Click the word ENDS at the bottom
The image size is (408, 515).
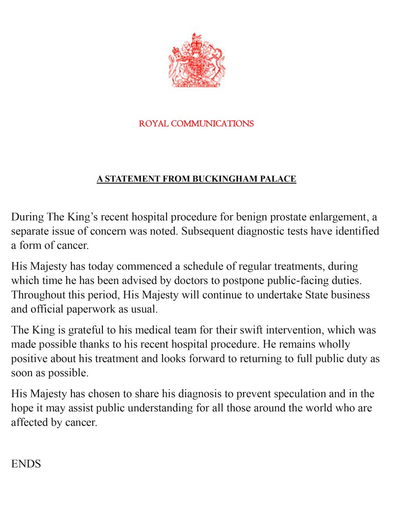(x=26, y=464)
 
